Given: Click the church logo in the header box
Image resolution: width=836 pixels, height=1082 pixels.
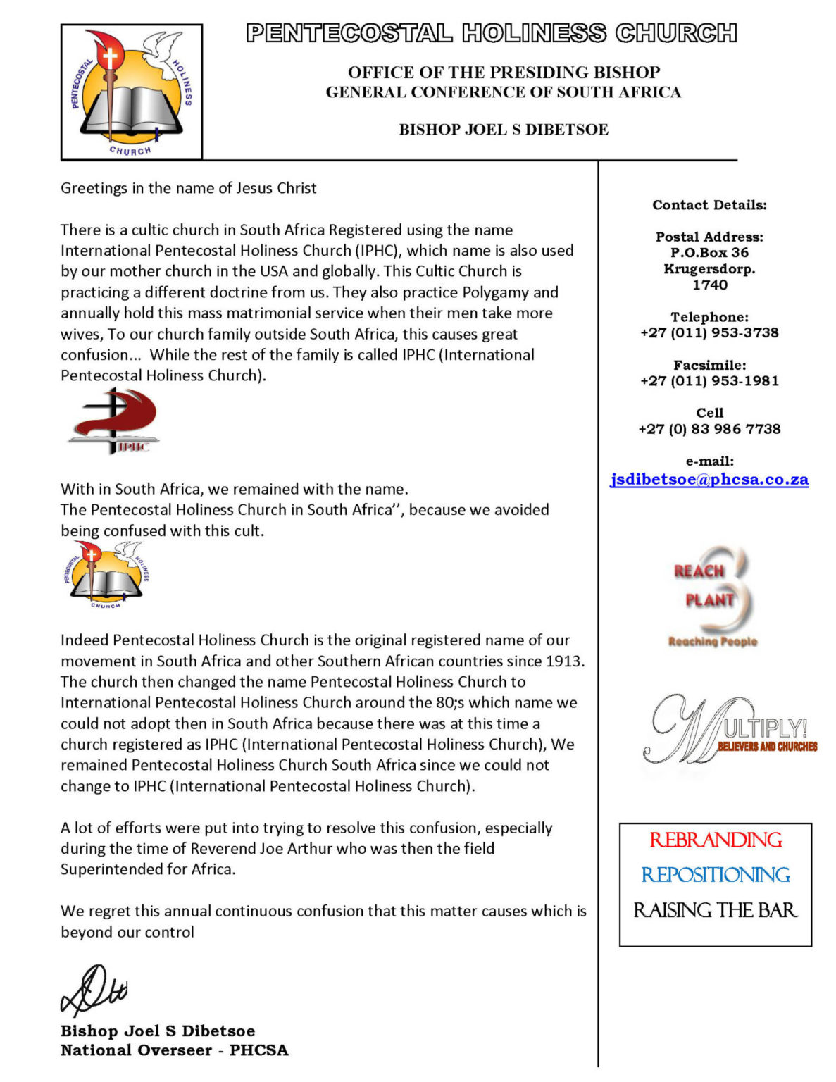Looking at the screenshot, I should tap(132, 92).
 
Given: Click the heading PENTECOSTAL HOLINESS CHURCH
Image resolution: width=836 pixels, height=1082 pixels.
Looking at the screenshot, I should tap(491, 33).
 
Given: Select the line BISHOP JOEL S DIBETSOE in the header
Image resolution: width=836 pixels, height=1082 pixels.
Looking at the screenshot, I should tap(503, 130).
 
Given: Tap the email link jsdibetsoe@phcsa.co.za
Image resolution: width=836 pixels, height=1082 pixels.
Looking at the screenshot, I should tap(709, 480).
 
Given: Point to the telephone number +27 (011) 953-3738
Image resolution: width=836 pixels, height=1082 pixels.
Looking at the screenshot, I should tap(709, 333).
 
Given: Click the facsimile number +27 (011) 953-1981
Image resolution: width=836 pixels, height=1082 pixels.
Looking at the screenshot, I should tap(709, 381).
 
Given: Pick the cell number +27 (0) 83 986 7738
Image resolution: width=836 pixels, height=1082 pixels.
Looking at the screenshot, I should tap(709, 429).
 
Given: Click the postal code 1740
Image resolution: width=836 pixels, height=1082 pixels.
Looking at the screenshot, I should tap(709, 285).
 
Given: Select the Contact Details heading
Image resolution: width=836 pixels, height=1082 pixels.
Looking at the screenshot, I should tap(709, 205).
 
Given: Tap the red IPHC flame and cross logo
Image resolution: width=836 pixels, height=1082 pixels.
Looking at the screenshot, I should tap(115, 421).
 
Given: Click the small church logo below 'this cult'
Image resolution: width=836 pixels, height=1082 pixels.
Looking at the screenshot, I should tap(106, 573).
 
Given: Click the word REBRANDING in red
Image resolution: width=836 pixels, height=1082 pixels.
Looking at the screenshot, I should tap(715, 840).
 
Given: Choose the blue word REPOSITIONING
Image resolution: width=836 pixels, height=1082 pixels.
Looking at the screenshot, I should tap(715, 875).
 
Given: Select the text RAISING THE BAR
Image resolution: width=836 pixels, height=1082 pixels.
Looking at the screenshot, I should tap(715, 911).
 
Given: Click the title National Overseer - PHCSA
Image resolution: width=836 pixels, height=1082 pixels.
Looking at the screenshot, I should tap(174, 1050).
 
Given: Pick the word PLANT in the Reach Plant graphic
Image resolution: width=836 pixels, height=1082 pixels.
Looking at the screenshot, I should tap(709, 600).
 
